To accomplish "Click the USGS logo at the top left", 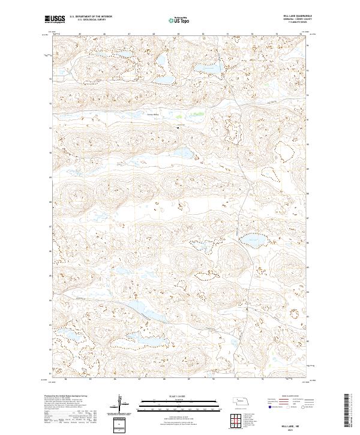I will click(53, 19).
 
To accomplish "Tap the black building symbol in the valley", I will click(178, 125).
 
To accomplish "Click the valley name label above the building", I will click(152, 113).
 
